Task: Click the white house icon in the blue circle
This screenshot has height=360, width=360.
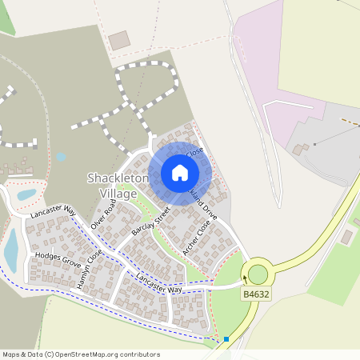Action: [x=180, y=172]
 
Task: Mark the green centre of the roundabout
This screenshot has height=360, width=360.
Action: [x=258, y=274]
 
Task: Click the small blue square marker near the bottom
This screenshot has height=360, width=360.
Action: [x=226, y=339]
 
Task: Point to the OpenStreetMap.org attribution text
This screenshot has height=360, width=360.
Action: [x=104, y=354]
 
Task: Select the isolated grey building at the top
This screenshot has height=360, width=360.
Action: [x=119, y=40]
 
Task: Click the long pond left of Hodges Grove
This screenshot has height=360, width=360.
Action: [x=11, y=249]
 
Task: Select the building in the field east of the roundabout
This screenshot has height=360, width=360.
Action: [x=346, y=237]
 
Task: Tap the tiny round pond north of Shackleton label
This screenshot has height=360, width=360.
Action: [x=61, y=158]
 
